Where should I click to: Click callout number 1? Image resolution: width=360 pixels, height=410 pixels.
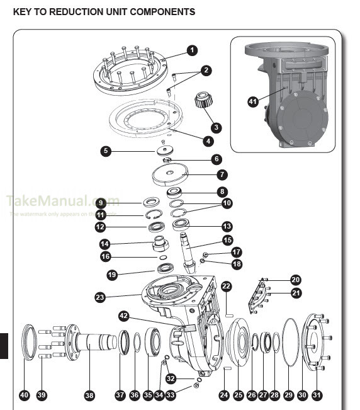pyautogui.click(x=192, y=50)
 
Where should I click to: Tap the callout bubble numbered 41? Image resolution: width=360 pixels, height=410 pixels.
pyautogui.click(x=252, y=100)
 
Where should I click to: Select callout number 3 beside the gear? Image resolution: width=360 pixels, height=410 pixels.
pyautogui.click(x=217, y=127)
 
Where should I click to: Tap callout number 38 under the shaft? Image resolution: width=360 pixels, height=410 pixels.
pyautogui.click(x=89, y=395)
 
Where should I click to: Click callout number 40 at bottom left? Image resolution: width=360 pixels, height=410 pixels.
pyautogui.click(x=25, y=395)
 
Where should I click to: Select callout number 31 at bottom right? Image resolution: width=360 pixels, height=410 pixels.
pyautogui.click(x=317, y=395)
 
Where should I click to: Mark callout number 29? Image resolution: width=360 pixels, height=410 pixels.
pyautogui.click(x=289, y=395)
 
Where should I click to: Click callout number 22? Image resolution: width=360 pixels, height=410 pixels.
pyautogui.click(x=227, y=286)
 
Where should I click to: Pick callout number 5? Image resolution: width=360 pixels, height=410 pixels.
pyautogui.click(x=106, y=151)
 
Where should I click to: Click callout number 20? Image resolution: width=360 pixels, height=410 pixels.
pyautogui.click(x=295, y=280)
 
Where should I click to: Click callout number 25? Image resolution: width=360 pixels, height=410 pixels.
pyautogui.click(x=238, y=395)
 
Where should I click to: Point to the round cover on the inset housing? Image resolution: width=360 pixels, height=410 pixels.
pyautogui.click(x=301, y=120)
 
